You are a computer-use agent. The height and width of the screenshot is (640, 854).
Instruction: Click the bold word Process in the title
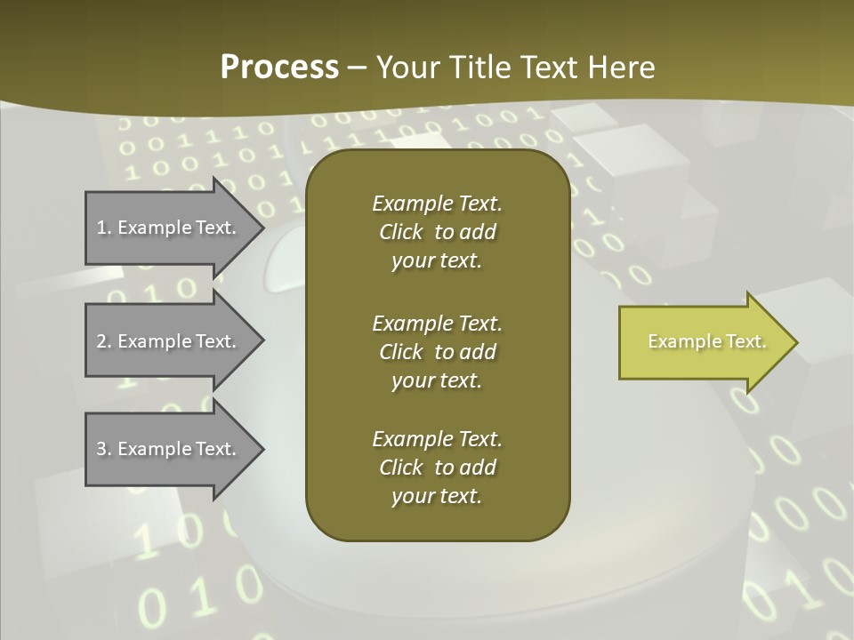pos(279,68)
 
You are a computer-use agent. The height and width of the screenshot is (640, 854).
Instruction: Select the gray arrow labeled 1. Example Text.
pos(165,228)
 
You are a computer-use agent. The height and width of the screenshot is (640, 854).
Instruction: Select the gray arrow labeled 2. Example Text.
pos(165,341)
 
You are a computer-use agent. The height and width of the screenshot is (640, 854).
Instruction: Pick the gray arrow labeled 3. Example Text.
pos(165,449)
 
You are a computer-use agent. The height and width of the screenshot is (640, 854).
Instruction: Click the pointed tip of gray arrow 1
pos(262,228)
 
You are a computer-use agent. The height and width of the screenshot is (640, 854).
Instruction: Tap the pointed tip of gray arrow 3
pos(262,449)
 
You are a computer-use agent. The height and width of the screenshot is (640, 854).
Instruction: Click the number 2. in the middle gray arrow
pos(104,341)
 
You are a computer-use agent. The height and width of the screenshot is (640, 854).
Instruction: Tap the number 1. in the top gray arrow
pos(103,228)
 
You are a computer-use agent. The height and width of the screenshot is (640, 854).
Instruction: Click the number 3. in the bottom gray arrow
pos(104,449)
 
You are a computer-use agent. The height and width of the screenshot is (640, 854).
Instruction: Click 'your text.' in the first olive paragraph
pos(437,261)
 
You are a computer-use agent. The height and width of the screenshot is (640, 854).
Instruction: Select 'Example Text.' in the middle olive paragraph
pos(437,324)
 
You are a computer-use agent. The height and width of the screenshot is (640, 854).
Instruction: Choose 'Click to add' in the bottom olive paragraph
pos(437,468)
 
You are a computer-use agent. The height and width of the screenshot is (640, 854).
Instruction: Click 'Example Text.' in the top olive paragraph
pos(437,204)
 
